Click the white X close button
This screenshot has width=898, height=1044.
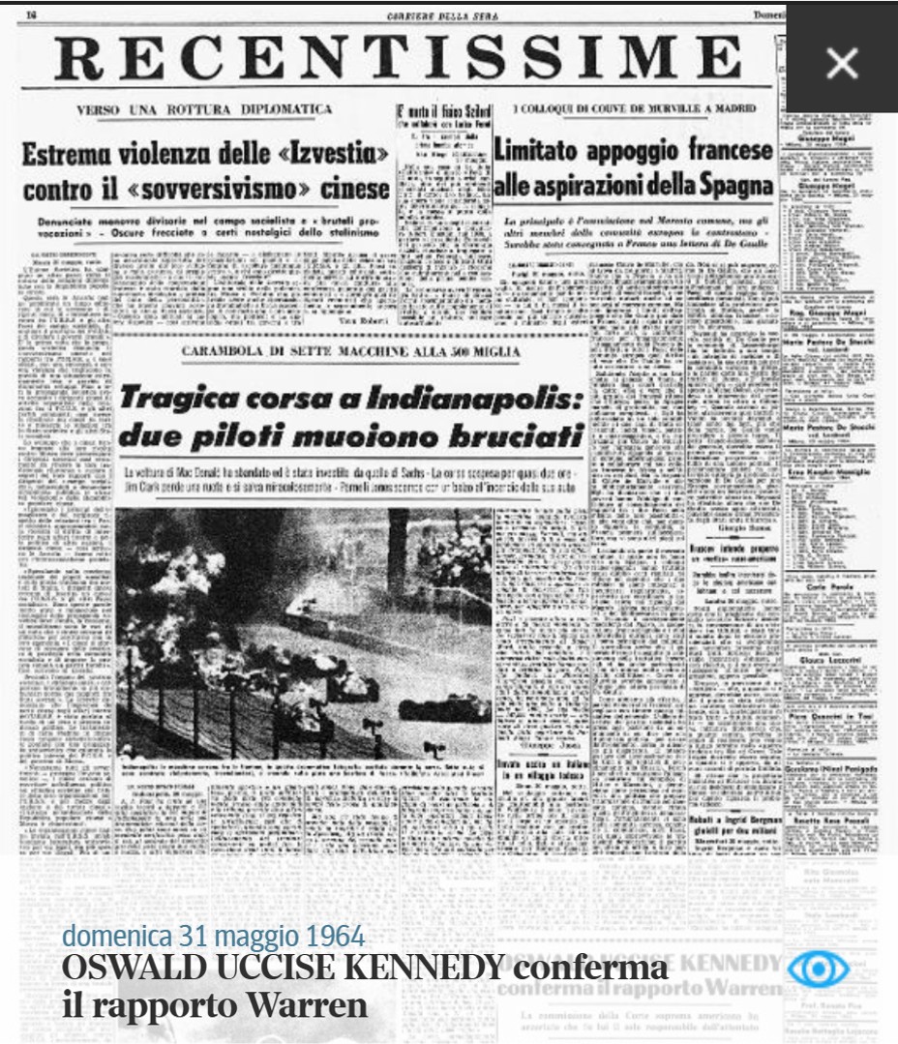[x=842, y=64]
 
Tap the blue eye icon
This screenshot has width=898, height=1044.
[x=817, y=969]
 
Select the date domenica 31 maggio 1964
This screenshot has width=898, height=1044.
[x=213, y=936]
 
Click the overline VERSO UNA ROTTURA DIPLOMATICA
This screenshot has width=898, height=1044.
[x=204, y=109]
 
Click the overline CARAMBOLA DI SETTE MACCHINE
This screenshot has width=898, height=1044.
[x=349, y=352]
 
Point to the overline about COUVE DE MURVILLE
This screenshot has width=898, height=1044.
[x=634, y=109]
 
